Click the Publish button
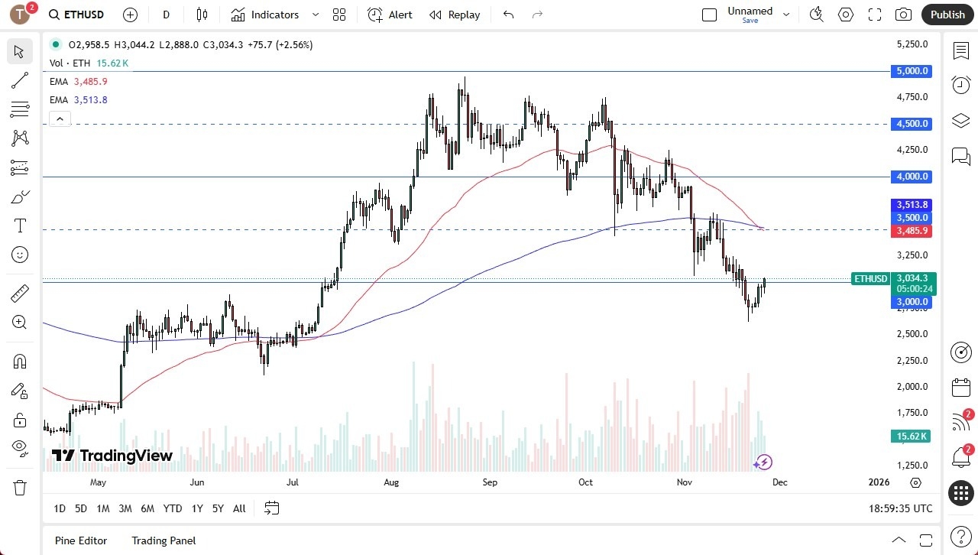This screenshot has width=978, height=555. [x=947, y=15]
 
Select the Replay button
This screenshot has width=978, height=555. [x=455, y=15]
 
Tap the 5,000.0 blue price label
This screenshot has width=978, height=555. [x=912, y=71]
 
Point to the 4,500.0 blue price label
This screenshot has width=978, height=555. [x=912, y=124]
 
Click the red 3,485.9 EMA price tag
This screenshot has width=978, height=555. [x=912, y=231]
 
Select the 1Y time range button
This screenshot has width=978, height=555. [x=197, y=508]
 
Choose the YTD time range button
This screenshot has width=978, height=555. [x=173, y=508]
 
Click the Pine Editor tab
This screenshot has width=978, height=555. [x=81, y=540]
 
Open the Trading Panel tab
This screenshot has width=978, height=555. [x=164, y=540]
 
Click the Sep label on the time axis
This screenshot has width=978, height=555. [x=490, y=482]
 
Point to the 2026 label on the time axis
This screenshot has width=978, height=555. [x=879, y=482]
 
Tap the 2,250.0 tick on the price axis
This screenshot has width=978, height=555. [x=912, y=360]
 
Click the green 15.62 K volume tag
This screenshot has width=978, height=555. [x=912, y=437]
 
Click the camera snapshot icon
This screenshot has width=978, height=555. [x=903, y=15]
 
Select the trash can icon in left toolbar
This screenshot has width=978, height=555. [x=20, y=487]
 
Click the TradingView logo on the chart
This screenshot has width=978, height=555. [x=112, y=456]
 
